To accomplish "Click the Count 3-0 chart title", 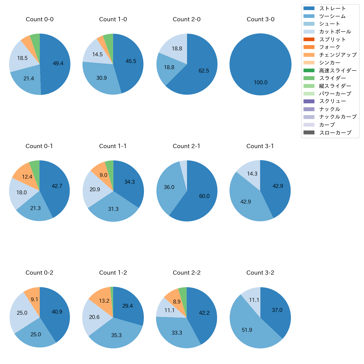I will coord(260,19).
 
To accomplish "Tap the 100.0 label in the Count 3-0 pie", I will coord(260,82).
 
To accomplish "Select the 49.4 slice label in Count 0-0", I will coord(58,63).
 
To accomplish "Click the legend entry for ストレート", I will coord(332,8).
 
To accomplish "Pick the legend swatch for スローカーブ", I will coord(309,132).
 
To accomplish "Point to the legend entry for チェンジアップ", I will coord(338,55).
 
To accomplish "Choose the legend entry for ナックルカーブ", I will coord(338,117).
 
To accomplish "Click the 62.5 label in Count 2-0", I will coord(204,71).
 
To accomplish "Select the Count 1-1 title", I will coord(113,146).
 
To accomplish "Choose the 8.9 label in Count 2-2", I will coord(177,302).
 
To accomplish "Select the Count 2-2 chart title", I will coord(186,273).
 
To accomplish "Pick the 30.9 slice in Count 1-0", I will coord(101,78).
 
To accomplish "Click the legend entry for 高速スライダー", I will coord(338,71).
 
